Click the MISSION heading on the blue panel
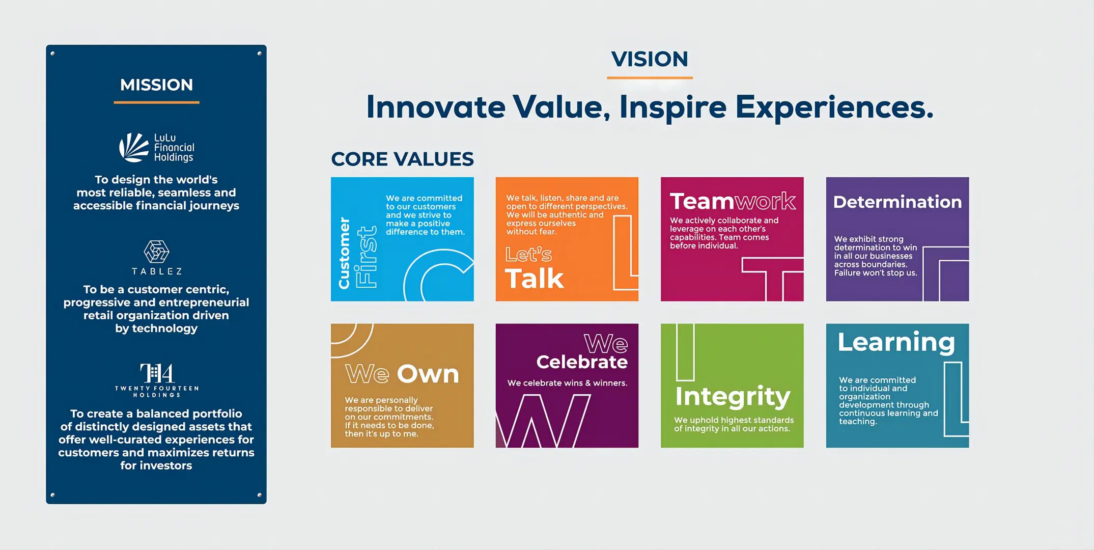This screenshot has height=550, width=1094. [156, 85]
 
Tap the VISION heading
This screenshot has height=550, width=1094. [650, 59]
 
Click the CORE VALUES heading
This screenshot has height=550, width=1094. [402, 159]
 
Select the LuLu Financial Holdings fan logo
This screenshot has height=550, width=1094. [133, 148]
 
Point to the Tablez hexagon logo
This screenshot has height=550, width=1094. [156, 252]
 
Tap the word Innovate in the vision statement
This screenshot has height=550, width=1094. [436, 107]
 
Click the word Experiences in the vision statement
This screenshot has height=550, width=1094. [834, 108]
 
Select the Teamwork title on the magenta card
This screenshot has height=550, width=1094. [733, 201]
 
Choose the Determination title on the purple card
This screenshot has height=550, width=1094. [897, 202]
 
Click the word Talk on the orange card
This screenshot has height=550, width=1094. [534, 279]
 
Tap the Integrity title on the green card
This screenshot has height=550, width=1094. [733, 396]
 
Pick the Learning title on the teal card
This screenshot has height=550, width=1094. [896, 342]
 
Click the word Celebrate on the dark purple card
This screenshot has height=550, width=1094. [582, 362]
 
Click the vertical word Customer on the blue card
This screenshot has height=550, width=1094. [344, 253]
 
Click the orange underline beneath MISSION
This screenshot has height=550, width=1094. [156, 102]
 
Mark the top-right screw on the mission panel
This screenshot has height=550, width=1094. [259, 53]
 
